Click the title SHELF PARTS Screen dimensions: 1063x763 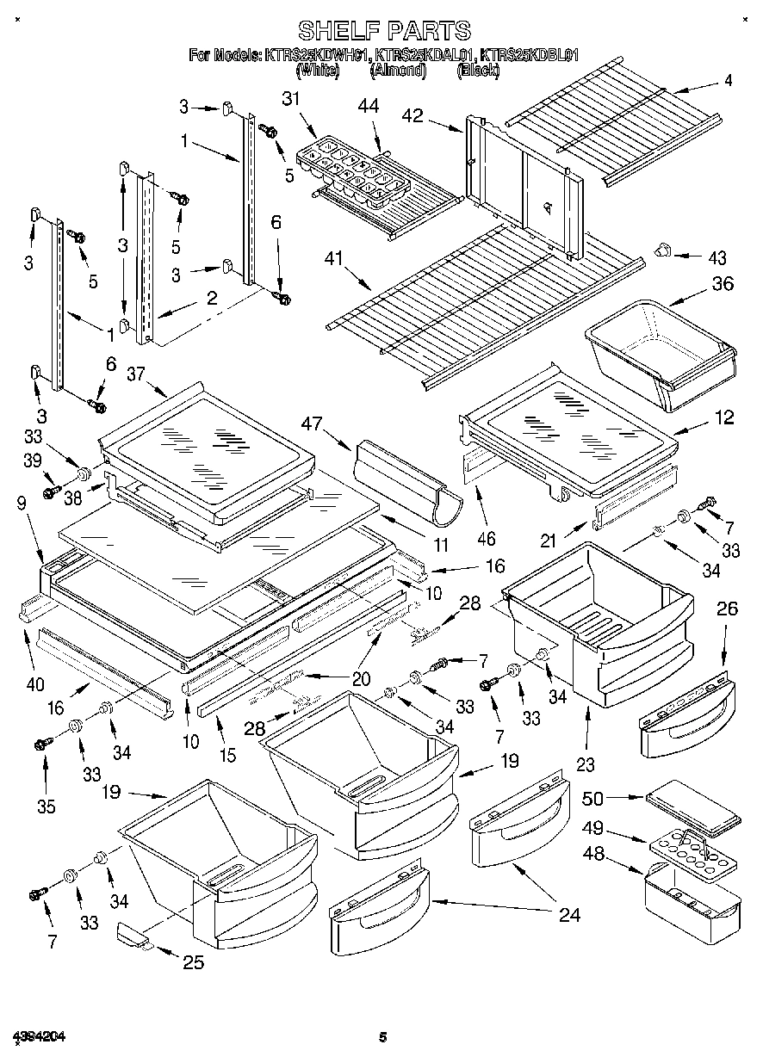(x=384, y=32)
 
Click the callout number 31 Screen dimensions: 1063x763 (x=292, y=100)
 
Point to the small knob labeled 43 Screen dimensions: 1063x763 (x=662, y=250)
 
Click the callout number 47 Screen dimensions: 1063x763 (x=312, y=423)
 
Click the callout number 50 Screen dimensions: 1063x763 (x=592, y=799)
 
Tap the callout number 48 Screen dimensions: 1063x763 (x=592, y=856)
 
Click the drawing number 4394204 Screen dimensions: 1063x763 (x=40, y=1035)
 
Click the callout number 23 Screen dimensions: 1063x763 (x=587, y=763)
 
